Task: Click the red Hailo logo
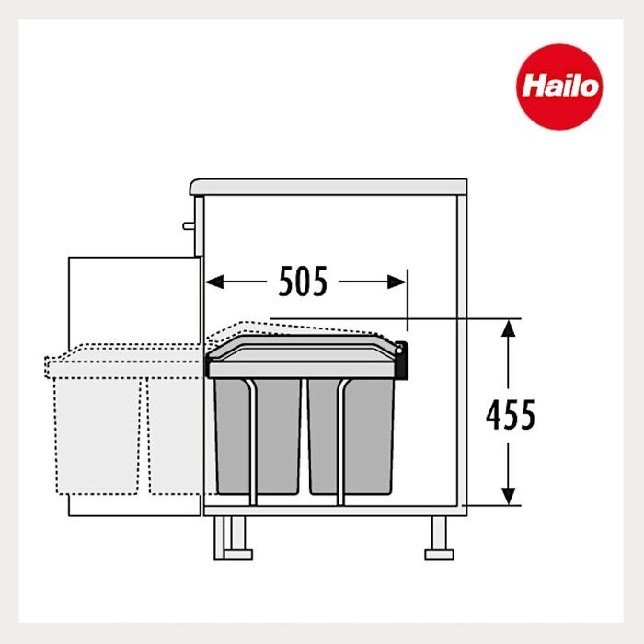pos(559,86)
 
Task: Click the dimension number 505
pos(303,282)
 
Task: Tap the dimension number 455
pos(511,415)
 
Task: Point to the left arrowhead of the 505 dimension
pos(214,282)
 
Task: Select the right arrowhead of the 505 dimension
pos(397,282)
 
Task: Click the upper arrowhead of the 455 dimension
pos(509,328)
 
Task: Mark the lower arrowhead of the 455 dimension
pos(509,496)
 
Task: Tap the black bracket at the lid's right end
pos(402,361)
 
